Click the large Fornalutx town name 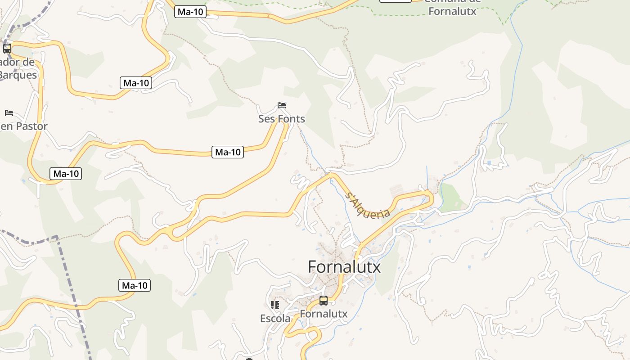click(x=344, y=267)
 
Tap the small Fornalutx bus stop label click(x=324, y=314)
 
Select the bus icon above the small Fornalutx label click(x=324, y=300)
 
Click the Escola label click(x=275, y=319)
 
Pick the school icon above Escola click(x=275, y=305)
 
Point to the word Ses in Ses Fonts click(x=266, y=119)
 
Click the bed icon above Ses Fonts click(x=282, y=106)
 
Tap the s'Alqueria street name click(x=368, y=206)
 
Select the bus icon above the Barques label click(x=7, y=49)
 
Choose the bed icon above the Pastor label click(x=9, y=112)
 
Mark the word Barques click(x=18, y=75)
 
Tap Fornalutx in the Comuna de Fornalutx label click(x=452, y=11)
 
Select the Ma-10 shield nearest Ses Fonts click(x=228, y=152)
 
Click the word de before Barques click(x=28, y=62)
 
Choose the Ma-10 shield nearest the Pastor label click(x=66, y=174)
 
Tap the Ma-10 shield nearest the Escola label click(x=135, y=285)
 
